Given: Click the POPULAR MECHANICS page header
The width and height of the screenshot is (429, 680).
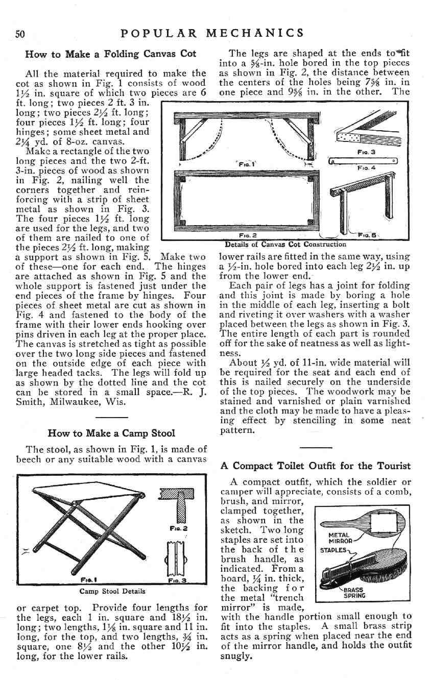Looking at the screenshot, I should point(212,33).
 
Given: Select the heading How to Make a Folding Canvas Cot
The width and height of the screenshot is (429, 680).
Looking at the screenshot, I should point(111,54).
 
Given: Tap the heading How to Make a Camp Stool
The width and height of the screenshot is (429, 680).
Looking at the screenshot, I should point(111,433).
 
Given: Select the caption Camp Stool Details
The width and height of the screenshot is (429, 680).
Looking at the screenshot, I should point(112,591).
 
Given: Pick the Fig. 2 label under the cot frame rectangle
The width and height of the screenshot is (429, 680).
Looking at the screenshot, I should point(247,236).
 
